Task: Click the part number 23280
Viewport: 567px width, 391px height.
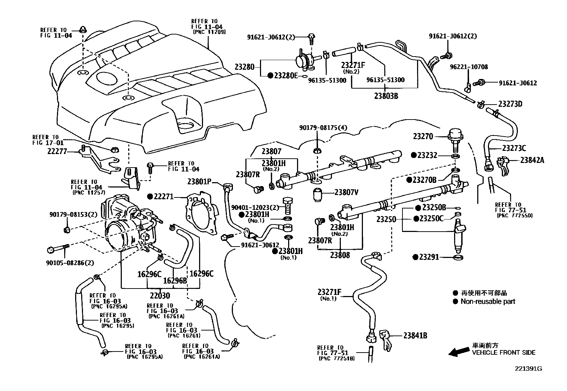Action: [245, 67]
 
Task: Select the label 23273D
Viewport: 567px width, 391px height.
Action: [510, 104]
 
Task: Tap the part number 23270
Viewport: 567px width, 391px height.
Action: [423, 136]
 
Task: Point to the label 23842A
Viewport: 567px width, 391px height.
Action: [532, 160]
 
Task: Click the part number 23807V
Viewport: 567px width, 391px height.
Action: [346, 192]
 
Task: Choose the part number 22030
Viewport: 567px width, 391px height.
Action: [160, 295]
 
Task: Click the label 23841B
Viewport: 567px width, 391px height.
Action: [415, 335]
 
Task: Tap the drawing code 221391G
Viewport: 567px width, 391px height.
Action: [528, 369]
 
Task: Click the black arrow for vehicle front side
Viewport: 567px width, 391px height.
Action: [458, 352]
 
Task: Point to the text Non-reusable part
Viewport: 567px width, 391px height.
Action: [488, 301]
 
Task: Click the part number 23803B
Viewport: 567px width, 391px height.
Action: [386, 95]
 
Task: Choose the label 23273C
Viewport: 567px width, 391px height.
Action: [514, 148]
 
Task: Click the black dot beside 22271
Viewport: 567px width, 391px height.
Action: [150, 196]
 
